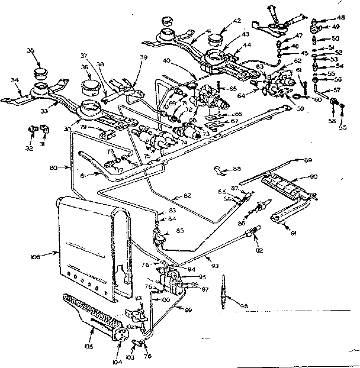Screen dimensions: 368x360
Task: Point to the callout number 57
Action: (x=337, y=89)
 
